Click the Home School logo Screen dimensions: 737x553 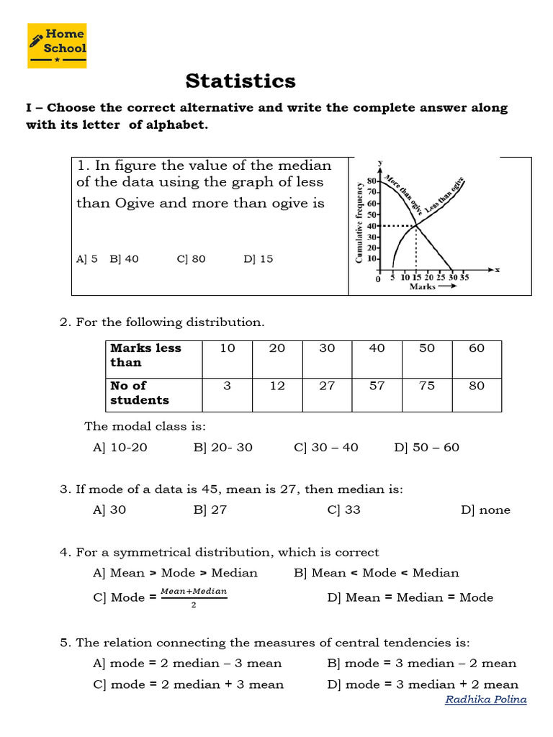tap(57, 45)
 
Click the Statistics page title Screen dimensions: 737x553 tap(240, 81)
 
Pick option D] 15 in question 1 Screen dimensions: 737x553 tap(258, 259)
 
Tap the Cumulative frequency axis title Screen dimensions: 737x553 tap(359, 222)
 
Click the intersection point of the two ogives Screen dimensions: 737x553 tap(415, 226)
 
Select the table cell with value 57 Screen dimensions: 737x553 tap(377, 386)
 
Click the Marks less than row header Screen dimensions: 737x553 tap(145, 355)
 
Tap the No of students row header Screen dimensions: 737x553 tap(140, 392)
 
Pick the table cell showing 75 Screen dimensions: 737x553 tap(427, 386)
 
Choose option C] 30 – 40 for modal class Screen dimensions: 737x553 tap(325, 447)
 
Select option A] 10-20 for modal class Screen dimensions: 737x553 tap(120, 447)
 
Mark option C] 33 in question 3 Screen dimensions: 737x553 tap(343, 510)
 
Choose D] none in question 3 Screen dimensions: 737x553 tap(485, 510)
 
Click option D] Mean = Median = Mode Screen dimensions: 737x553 tap(410, 597)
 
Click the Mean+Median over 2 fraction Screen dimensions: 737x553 tap(194, 597)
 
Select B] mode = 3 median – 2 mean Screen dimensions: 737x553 tap(421, 663)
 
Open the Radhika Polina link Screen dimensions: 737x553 tap(485, 700)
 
